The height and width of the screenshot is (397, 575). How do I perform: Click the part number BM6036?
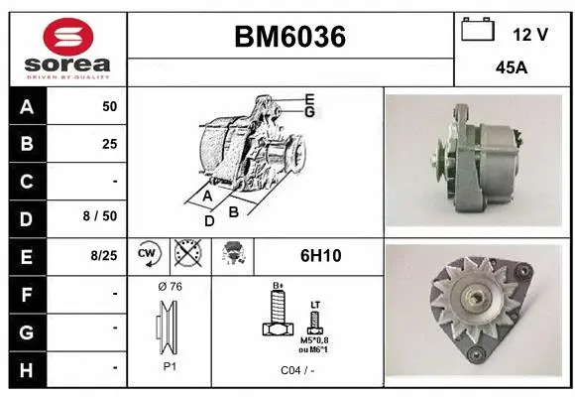(289, 37)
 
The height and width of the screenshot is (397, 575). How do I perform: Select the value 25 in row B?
(109, 144)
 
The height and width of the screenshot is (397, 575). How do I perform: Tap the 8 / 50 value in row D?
(103, 217)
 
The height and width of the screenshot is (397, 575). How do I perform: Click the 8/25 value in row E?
(103, 255)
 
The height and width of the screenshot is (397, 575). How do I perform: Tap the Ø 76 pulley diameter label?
(170, 287)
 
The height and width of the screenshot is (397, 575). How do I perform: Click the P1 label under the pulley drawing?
(170, 365)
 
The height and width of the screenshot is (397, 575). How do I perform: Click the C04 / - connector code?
(296, 369)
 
